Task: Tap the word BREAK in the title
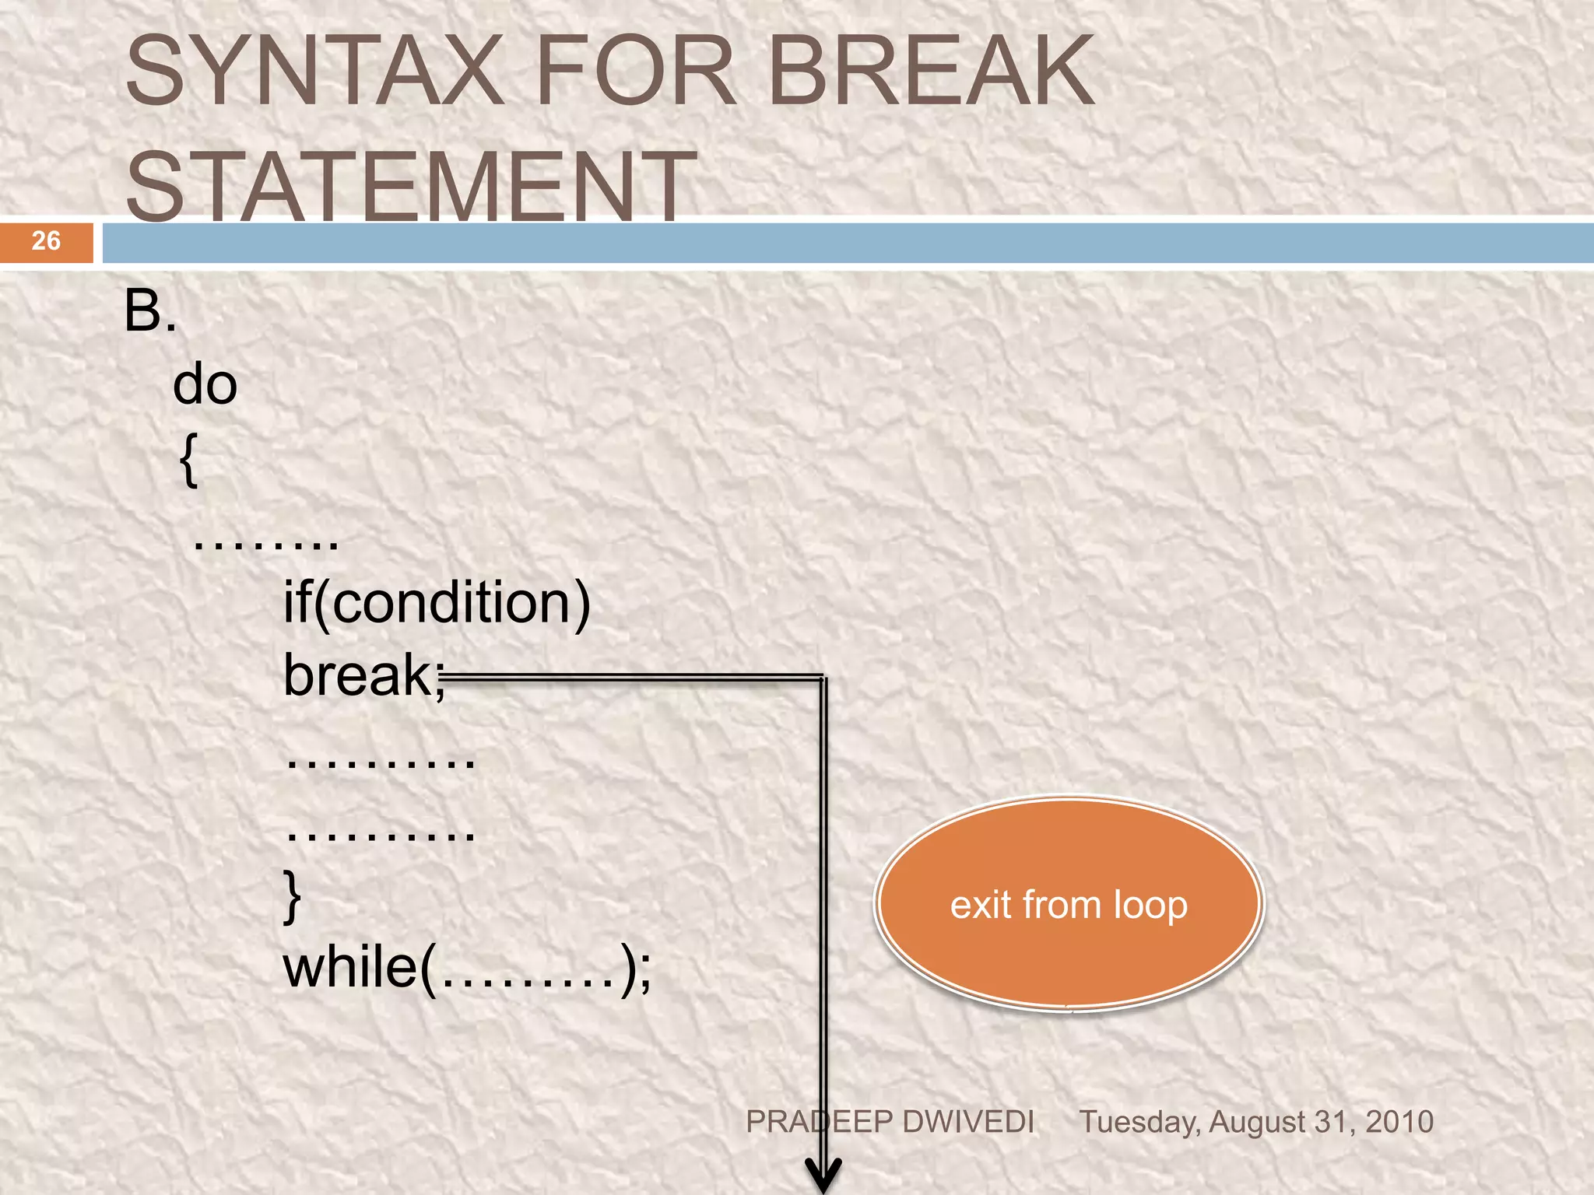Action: click(932, 72)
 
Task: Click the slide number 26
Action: click(46, 241)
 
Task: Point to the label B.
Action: click(150, 311)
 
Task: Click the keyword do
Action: click(205, 385)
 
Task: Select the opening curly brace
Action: click(189, 461)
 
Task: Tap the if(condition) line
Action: click(437, 603)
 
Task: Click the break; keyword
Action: click(363, 675)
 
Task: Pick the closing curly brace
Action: click(292, 897)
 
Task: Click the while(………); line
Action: click(467, 969)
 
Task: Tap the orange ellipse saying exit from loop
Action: click(1069, 905)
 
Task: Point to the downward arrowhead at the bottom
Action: click(823, 1175)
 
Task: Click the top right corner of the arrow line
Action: click(823, 677)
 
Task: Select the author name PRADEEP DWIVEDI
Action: click(890, 1122)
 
